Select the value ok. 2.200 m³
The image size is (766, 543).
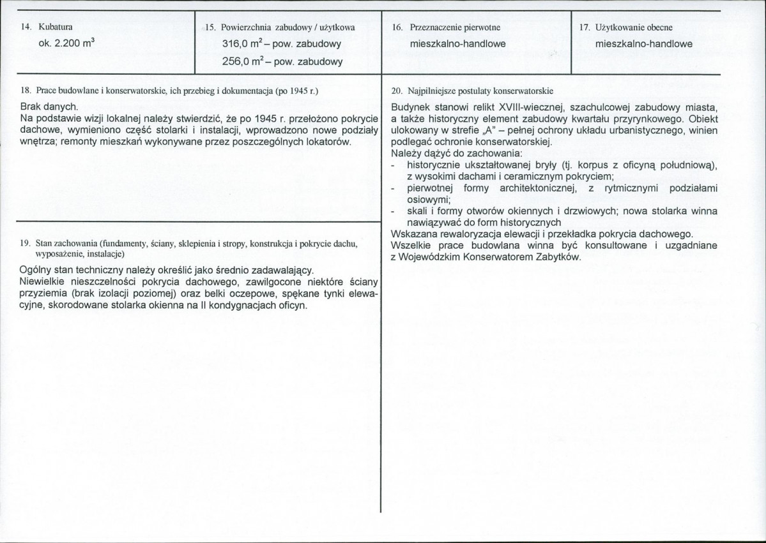point(66,44)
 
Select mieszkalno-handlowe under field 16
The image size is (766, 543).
point(458,44)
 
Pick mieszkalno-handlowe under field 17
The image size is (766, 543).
point(644,44)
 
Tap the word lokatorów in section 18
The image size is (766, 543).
point(329,141)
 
